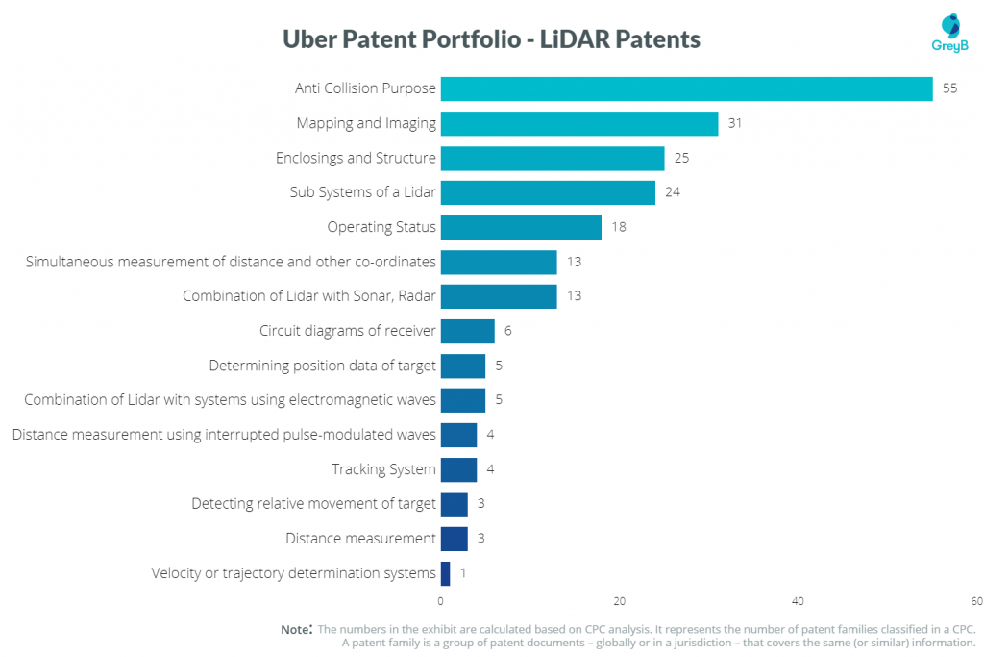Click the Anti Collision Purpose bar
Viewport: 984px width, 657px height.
point(686,88)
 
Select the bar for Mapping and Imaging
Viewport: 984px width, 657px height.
point(579,124)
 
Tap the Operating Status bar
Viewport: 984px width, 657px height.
point(521,227)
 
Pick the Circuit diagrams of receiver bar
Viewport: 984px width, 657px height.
point(468,331)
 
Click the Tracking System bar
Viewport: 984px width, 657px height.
point(458,469)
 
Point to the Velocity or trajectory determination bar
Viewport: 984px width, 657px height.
point(445,573)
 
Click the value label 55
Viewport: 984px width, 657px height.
point(949,88)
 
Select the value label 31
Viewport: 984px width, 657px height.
point(735,123)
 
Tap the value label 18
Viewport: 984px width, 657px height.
point(619,227)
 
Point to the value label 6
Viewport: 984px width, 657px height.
point(507,330)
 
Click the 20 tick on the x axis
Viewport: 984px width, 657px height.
point(620,601)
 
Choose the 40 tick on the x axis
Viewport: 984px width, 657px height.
point(798,601)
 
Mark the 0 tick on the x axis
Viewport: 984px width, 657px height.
point(440,601)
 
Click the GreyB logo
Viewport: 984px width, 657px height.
point(950,34)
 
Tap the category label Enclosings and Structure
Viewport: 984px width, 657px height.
point(356,158)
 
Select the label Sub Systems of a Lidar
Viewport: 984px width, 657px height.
point(362,192)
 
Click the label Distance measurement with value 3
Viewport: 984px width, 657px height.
point(360,539)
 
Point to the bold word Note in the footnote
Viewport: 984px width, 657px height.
point(296,629)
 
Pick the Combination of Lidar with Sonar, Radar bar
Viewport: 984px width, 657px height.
point(499,296)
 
